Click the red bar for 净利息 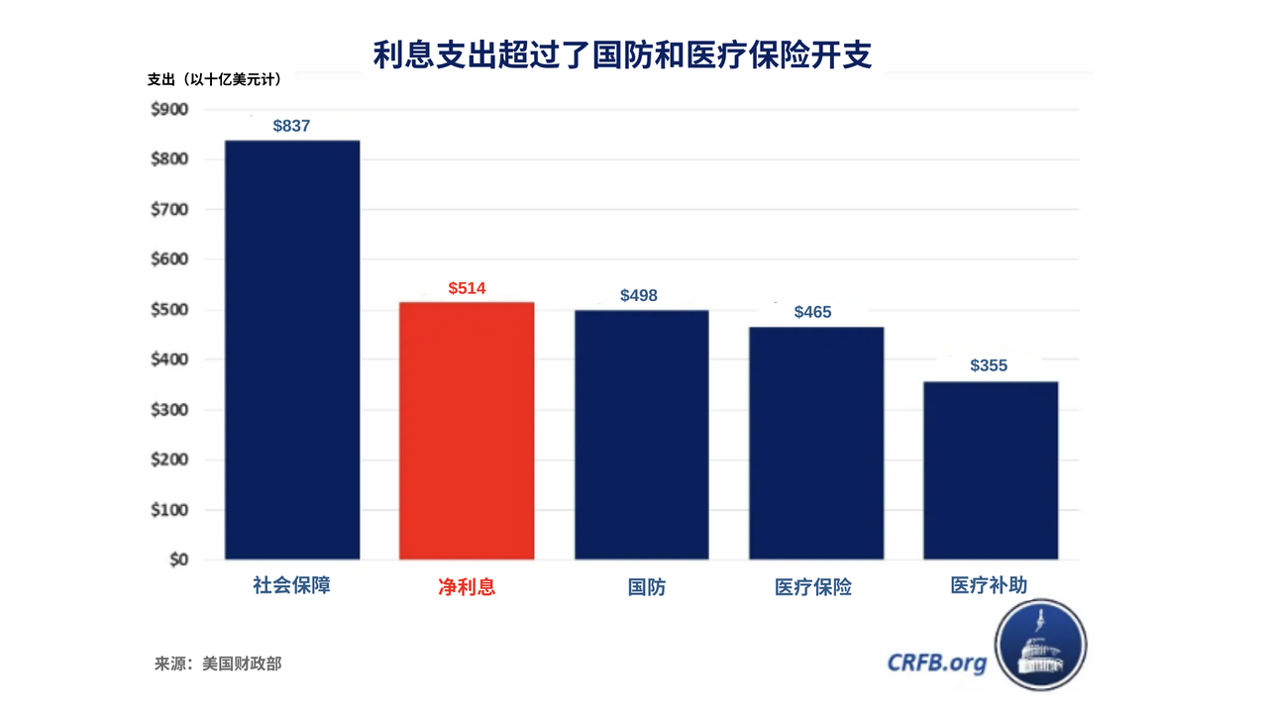pyautogui.click(x=467, y=431)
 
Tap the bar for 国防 pyautogui.click(x=642, y=435)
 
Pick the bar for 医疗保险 pyautogui.click(x=816, y=443)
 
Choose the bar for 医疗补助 pyautogui.click(x=991, y=470)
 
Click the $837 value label pyautogui.click(x=292, y=126)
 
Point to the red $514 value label pyautogui.click(x=467, y=288)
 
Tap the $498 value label pyautogui.click(x=639, y=295)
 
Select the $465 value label pyautogui.click(x=813, y=312)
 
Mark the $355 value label pyautogui.click(x=989, y=365)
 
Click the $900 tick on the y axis pyautogui.click(x=169, y=109)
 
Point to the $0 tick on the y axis pyautogui.click(x=177, y=560)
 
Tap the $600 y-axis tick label pyautogui.click(x=169, y=259)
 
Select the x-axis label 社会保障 pyautogui.click(x=291, y=585)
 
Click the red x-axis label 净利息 pyautogui.click(x=467, y=586)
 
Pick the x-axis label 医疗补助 pyautogui.click(x=989, y=585)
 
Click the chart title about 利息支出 pyautogui.click(x=622, y=54)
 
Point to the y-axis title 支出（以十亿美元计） pyautogui.click(x=214, y=79)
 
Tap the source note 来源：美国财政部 pyautogui.click(x=218, y=663)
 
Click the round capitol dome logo pyautogui.click(x=1040, y=645)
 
